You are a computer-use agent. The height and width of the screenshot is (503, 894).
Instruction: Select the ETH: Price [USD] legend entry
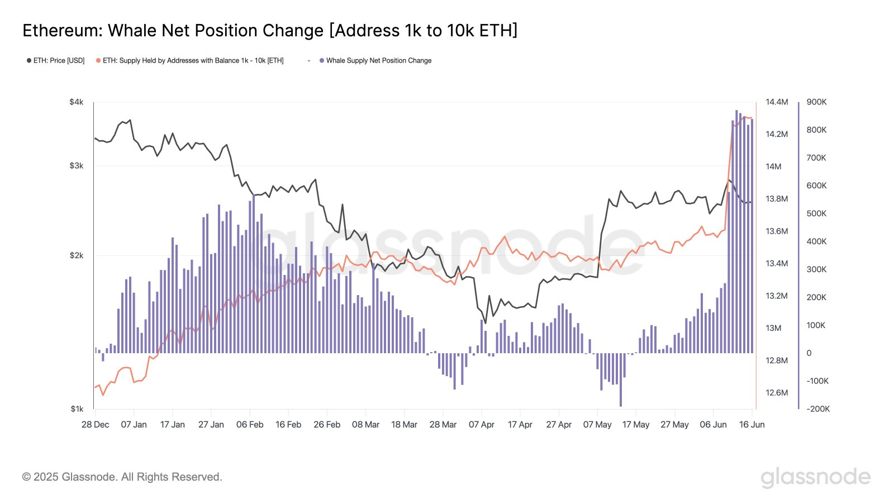(56, 60)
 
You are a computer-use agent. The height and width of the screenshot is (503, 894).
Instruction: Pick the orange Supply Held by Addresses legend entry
(190, 60)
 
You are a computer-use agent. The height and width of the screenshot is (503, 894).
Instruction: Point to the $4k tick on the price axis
(77, 102)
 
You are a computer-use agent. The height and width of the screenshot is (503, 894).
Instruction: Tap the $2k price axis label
(77, 255)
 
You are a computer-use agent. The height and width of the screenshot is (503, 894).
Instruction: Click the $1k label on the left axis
(77, 409)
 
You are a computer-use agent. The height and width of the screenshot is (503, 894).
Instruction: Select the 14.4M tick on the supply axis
(777, 102)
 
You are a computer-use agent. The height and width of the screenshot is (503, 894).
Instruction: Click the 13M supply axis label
(773, 328)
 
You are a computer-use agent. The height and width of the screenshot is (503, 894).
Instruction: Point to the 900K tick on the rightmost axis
(816, 102)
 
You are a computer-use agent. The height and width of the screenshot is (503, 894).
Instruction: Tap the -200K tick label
(818, 409)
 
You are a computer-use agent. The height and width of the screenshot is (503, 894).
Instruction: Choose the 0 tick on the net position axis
(809, 353)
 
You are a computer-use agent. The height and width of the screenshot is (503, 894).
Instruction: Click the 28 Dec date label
(95, 425)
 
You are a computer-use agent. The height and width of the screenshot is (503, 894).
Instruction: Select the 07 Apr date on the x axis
(481, 425)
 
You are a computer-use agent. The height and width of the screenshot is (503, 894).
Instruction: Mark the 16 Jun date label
(752, 425)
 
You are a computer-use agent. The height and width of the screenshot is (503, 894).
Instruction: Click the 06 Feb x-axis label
(250, 425)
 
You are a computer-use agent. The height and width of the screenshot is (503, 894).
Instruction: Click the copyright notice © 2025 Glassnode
(122, 477)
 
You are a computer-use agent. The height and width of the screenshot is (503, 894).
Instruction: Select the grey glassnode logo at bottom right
(815, 477)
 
